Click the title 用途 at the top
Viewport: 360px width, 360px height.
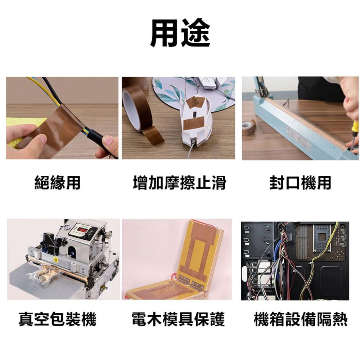tap(180, 33)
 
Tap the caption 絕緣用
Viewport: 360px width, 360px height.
tap(58, 183)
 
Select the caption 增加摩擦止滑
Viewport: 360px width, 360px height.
tap(179, 183)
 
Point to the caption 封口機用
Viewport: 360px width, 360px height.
tap(300, 183)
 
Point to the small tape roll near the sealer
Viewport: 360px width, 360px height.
tap(249, 128)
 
